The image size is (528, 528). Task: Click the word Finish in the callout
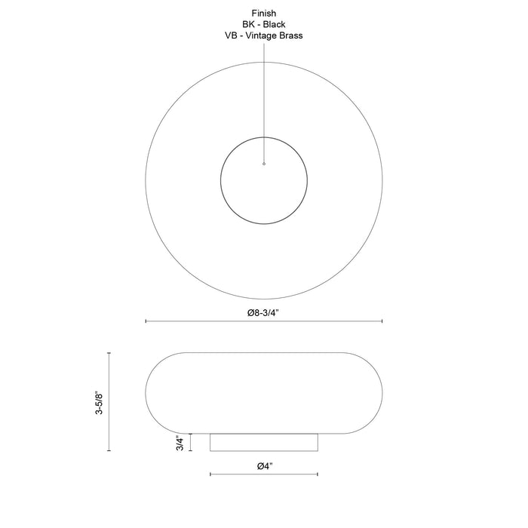(x=264, y=13)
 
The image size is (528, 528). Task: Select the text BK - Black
(x=264, y=24)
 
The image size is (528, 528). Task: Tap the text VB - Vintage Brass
(x=264, y=35)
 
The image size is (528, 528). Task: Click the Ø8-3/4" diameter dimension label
(x=263, y=313)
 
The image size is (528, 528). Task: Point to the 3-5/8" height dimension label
(x=99, y=402)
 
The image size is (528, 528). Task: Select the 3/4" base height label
(x=180, y=443)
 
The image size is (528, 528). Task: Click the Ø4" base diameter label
(x=265, y=466)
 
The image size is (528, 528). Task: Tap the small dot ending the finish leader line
(x=264, y=164)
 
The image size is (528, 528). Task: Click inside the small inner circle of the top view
(x=264, y=189)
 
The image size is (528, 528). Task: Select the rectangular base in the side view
(x=264, y=443)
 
